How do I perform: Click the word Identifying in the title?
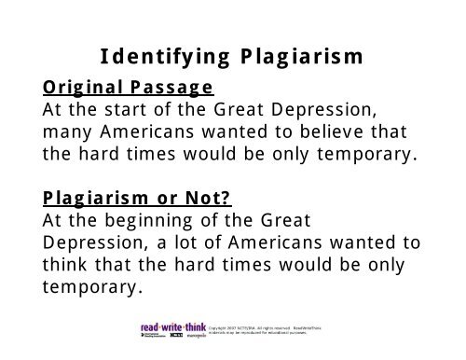click(x=158, y=56)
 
